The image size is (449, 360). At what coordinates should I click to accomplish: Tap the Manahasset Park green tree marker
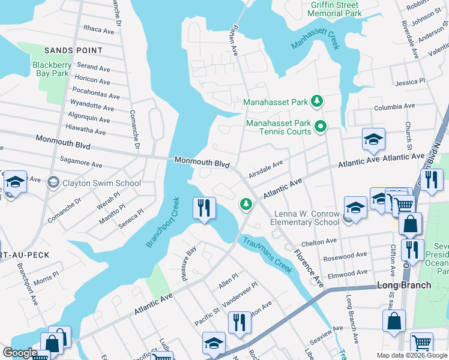pos(319,101)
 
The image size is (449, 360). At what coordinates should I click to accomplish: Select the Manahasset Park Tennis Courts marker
pos(320,125)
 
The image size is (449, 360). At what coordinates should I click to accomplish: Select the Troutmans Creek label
pos(267,255)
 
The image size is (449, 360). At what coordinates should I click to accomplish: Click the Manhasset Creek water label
pos(315,37)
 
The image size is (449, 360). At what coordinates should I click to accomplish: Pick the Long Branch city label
pos(404,284)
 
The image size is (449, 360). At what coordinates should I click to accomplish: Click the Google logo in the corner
pos(20,353)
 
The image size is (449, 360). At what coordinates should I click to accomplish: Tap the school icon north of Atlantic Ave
pos(373,140)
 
